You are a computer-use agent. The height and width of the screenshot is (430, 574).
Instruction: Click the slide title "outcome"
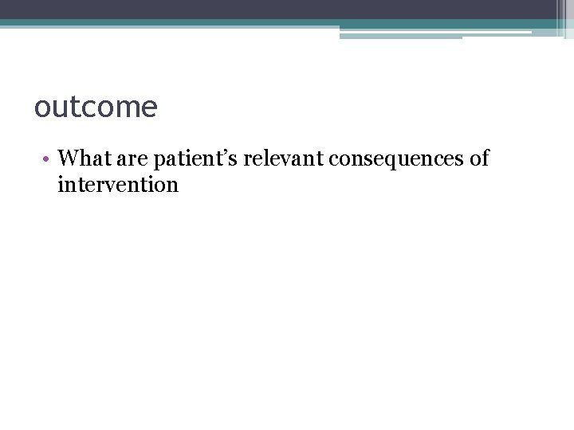[96, 107]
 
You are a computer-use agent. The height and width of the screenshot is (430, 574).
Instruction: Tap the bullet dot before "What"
[48, 158]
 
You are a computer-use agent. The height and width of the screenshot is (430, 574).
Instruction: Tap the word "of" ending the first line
[479, 158]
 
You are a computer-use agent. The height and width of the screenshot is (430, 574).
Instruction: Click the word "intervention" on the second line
[118, 186]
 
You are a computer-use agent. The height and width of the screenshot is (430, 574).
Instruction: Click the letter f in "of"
[485, 158]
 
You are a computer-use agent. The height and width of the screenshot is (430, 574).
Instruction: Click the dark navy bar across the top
[279, 9]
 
